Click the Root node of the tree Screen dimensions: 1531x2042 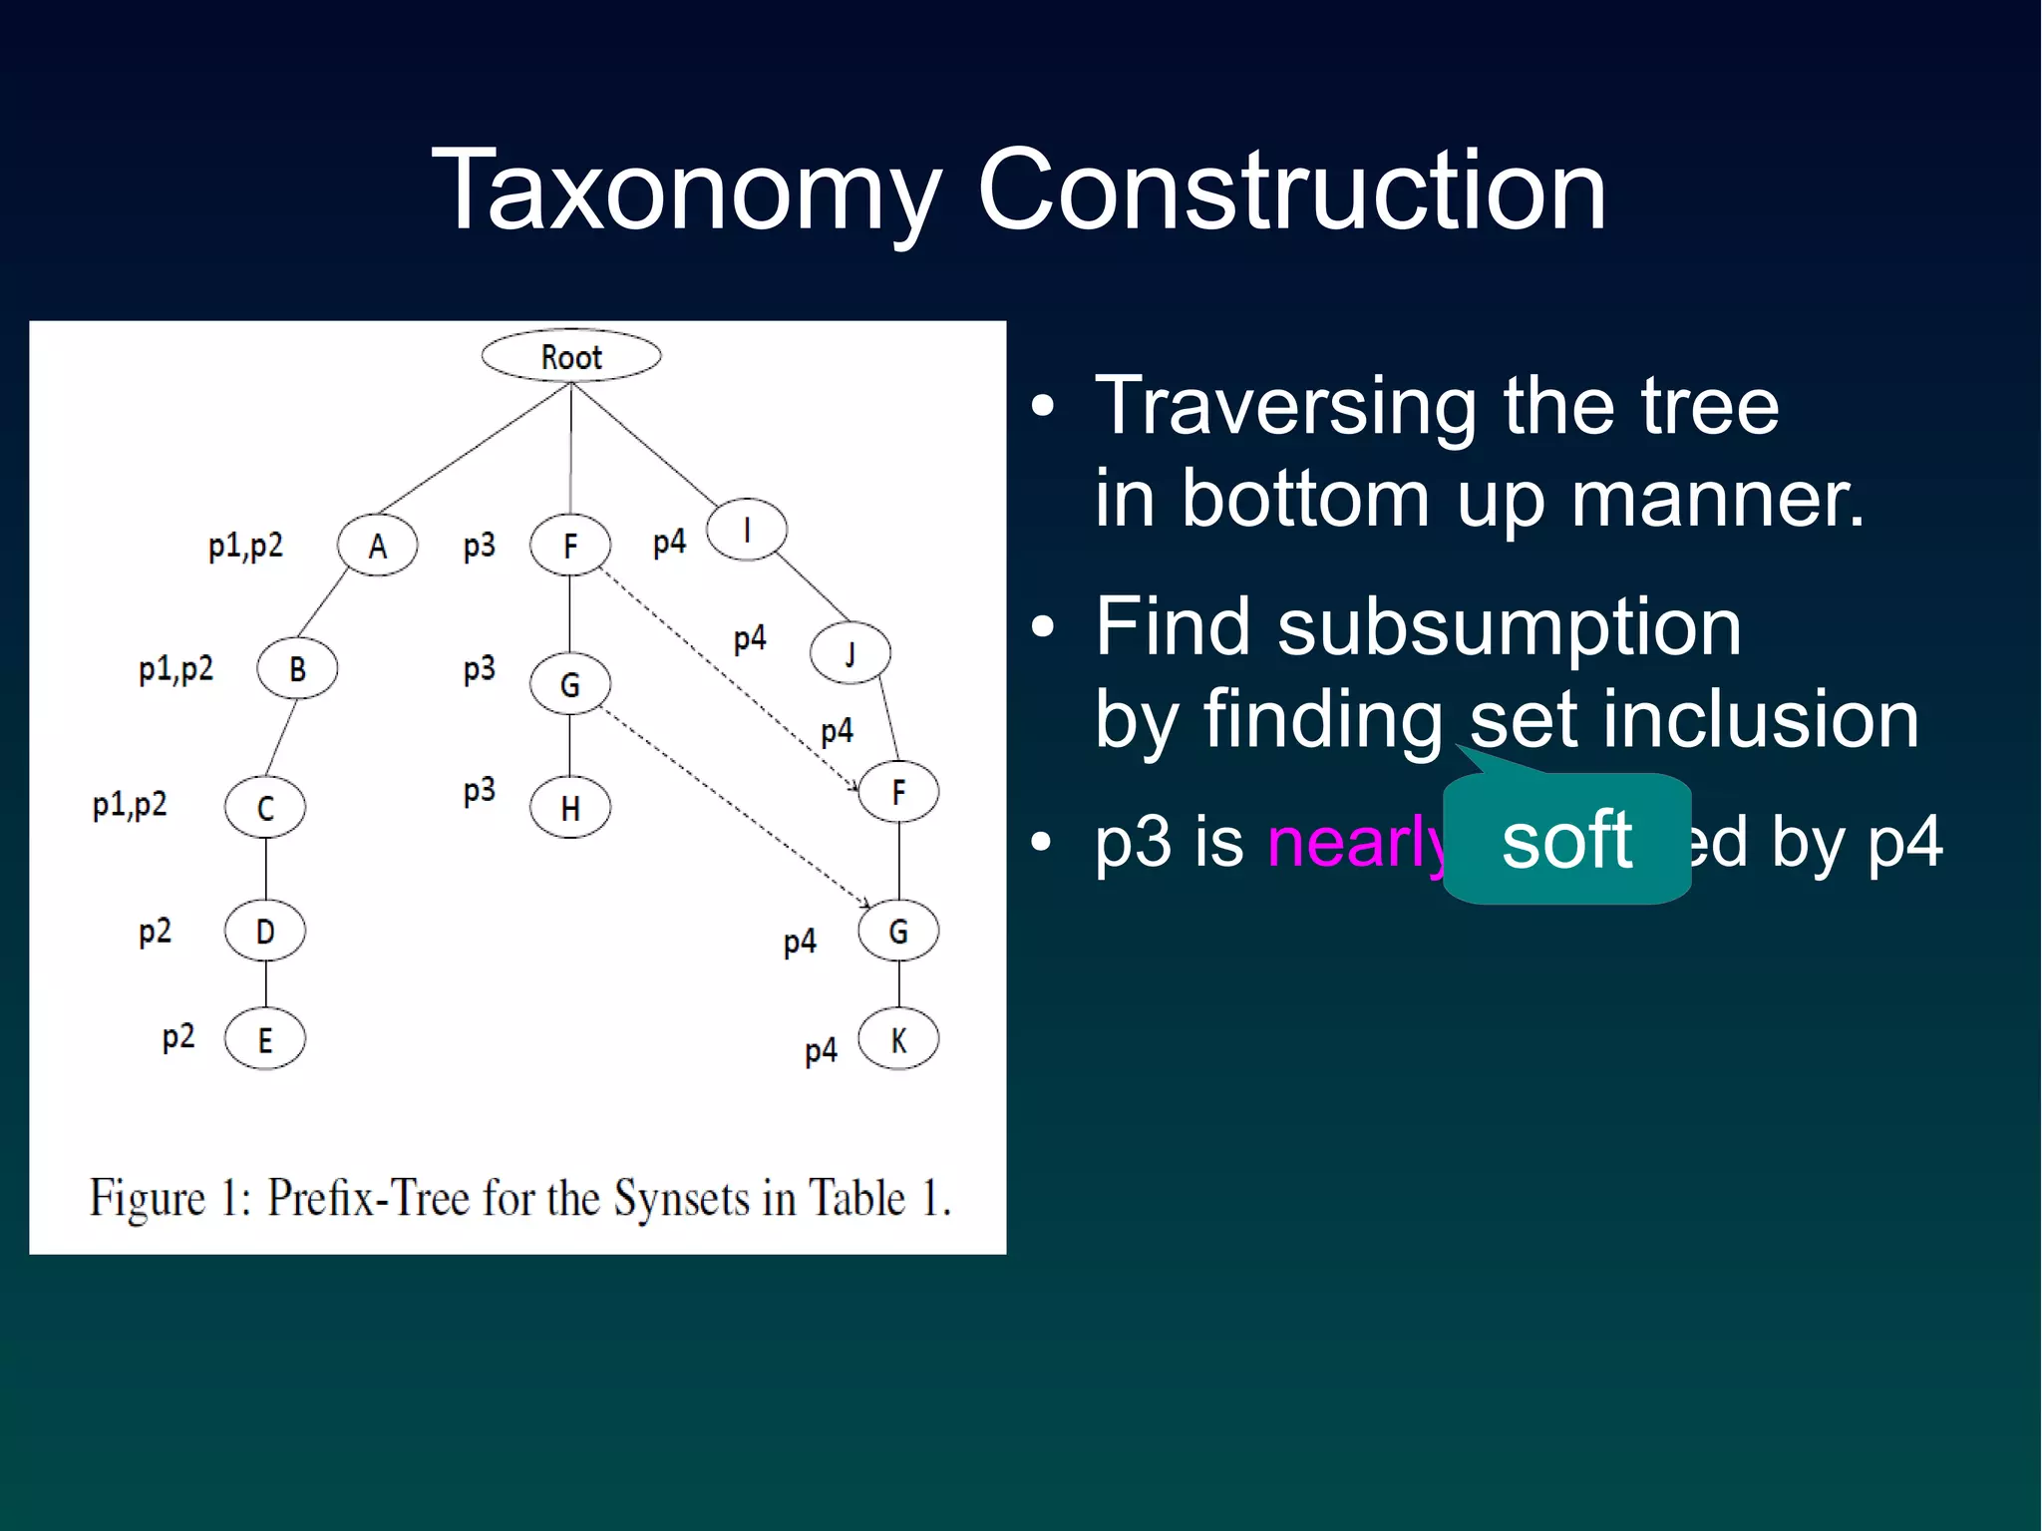tap(570, 356)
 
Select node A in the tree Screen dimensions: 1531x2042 tap(377, 546)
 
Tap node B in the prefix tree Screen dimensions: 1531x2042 tap(297, 668)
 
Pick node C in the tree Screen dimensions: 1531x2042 tap(265, 807)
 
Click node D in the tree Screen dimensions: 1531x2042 tap(265, 931)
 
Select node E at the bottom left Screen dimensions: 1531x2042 tap(265, 1039)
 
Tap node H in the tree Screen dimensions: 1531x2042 tap(570, 807)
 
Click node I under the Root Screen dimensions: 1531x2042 tap(747, 530)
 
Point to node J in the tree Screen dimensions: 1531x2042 tap(850, 653)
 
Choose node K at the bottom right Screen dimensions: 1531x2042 tap(898, 1039)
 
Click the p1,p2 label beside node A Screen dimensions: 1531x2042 tap(245, 546)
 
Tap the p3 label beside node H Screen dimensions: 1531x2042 tap(480, 791)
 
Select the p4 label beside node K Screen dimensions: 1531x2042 tap(821, 1050)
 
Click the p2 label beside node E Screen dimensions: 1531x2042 tap(178, 1037)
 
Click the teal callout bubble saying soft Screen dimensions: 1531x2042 tap(1566, 839)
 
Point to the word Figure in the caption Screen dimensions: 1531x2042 tap(147, 1197)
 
